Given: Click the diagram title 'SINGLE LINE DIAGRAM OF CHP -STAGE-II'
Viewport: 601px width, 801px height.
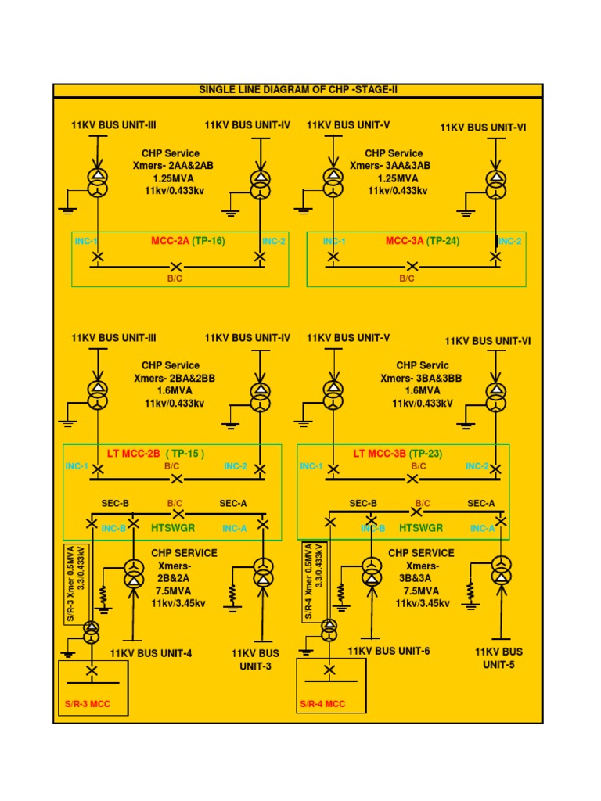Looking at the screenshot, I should [x=298, y=90].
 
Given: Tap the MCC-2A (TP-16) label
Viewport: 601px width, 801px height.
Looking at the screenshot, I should [x=188, y=241].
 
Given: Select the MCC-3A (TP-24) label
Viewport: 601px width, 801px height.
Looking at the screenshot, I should [x=423, y=241].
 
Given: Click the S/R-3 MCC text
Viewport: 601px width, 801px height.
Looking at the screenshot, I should [x=87, y=704].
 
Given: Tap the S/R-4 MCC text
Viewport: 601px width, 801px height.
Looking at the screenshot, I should [x=322, y=704].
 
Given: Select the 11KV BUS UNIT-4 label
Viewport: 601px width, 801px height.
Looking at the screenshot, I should [x=150, y=653].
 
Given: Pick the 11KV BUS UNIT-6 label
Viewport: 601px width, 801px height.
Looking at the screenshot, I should [x=389, y=651].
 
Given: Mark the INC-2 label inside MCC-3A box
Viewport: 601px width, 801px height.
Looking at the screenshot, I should [x=509, y=241].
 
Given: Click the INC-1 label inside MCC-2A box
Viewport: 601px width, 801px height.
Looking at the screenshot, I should [x=85, y=241].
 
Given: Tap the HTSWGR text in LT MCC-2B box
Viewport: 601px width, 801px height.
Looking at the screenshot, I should [x=172, y=529].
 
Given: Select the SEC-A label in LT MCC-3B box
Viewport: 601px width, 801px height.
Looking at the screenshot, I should [x=481, y=503].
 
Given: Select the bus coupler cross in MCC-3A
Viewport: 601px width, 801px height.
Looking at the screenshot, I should [x=413, y=267].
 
